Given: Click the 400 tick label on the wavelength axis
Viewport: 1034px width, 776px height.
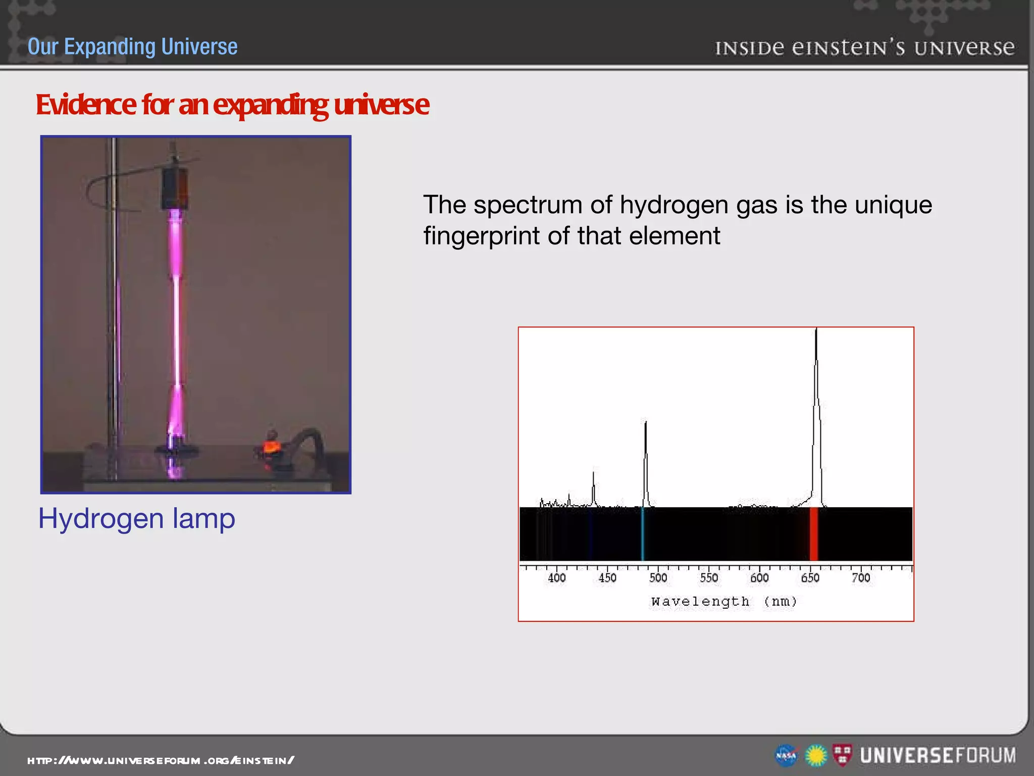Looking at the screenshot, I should (x=556, y=577).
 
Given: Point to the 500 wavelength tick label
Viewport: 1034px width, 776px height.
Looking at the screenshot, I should (x=658, y=577).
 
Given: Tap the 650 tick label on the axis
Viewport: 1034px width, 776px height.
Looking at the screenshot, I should (x=810, y=577).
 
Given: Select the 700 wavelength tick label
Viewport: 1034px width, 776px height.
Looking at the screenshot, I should (x=861, y=577).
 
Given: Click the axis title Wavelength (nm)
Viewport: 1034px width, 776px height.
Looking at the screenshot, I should (x=724, y=602).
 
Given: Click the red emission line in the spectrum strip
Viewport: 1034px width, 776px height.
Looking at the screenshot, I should (x=813, y=534).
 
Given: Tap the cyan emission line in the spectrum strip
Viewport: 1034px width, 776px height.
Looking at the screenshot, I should (x=642, y=534).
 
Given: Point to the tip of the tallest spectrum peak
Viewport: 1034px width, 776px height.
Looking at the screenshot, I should (x=816, y=330).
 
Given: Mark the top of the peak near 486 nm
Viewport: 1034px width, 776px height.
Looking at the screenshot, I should (x=645, y=422).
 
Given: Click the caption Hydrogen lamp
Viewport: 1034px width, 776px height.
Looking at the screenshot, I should (x=137, y=519).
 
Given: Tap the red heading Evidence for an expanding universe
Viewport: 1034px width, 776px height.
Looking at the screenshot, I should (x=232, y=105).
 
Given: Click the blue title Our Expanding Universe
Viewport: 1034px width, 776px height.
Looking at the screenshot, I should (x=132, y=46).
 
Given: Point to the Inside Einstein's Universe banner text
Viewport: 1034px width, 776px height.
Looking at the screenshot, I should (x=864, y=48).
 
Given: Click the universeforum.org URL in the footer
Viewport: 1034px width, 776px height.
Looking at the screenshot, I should (x=161, y=760).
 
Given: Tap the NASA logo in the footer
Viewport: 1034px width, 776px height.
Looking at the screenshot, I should (x=786, y=756).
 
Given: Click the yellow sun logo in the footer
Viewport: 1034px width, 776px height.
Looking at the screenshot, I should (x=816, y=756).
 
